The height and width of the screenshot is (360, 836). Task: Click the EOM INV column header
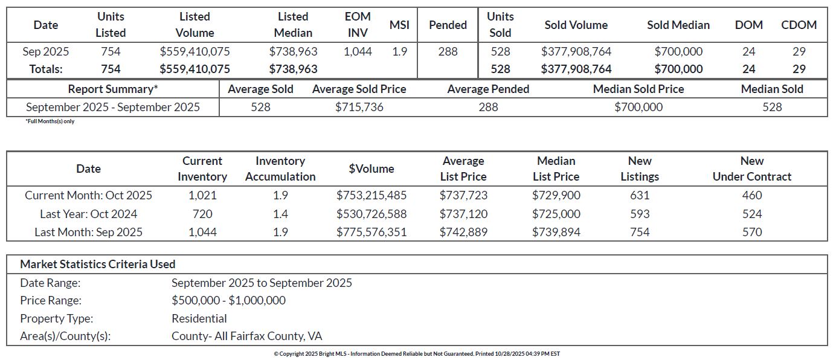[358, 25]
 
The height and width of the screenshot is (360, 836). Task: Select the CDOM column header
[799, 25]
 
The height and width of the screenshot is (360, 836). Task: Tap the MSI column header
[399, 25]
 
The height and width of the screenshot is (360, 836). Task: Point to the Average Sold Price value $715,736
[359, 107]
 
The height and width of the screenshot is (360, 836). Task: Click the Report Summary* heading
[113, 89]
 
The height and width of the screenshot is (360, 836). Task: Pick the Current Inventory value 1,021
[202, 195]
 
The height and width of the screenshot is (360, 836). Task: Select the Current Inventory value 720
[202, 214]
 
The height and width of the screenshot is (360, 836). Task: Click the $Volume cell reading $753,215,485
[371, 195]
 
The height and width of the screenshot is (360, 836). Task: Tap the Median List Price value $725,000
[556, 214]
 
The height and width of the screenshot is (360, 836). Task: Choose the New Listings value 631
[640, 195]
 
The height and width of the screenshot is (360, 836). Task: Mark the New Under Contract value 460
[752, 195]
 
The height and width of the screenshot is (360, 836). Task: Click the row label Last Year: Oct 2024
[88, 214]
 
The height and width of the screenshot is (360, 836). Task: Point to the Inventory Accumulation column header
[280, 169]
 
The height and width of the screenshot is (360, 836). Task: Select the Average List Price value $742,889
[463, 232]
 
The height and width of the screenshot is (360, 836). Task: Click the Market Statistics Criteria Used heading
[98, 264]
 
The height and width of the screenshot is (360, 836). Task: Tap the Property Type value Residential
[199, 318]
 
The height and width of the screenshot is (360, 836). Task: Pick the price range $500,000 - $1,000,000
[228, 300]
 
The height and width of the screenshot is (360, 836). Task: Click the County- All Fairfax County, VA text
[247, 336]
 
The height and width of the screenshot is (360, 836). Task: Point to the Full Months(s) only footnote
[50, 121]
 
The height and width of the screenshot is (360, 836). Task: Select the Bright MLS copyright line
[417, 354]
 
